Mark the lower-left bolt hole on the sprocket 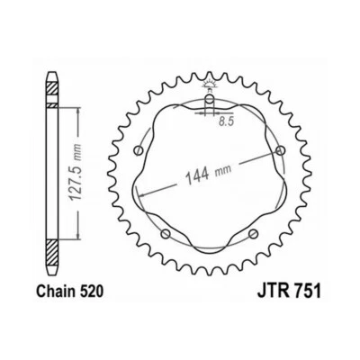[x=165, y=235]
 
